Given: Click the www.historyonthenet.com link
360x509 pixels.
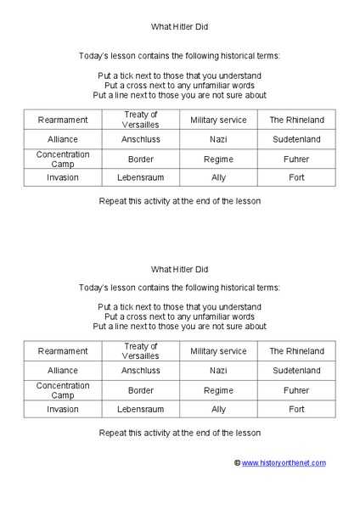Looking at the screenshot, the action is [x=284, y=462].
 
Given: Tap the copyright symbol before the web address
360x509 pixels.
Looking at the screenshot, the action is [x=238, y=462].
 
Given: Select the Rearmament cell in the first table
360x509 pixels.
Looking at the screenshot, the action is [x=63, y=120].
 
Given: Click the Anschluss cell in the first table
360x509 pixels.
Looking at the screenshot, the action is [x=141, y=139].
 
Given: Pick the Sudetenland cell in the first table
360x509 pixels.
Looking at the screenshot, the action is [x=296, y=139].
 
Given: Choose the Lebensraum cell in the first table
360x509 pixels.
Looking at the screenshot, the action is [x=141, y=178].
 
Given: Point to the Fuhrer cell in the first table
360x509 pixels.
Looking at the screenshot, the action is [x=296, y=159].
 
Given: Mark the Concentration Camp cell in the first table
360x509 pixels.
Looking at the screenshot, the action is [x=63, y=159].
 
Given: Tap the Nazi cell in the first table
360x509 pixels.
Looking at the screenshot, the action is [x=218, y=139].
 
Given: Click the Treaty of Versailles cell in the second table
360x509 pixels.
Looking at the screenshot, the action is [x=141, y=351].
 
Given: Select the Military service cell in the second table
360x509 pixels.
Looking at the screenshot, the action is [x=218, y=351].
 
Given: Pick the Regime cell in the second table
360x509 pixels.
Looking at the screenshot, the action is [x=218, y=390].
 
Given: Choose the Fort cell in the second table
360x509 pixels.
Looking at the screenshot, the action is [x=296, y=410].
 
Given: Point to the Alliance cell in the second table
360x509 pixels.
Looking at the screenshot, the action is [x=63, y=371].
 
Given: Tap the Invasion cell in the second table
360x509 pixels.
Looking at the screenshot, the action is [x=63, y=410].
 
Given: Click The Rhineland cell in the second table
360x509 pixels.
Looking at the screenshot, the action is [x=296, y=351].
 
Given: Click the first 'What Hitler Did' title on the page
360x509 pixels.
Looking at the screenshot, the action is [x=179, y=27].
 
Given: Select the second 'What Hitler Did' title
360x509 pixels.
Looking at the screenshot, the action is [x=179, y=269].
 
